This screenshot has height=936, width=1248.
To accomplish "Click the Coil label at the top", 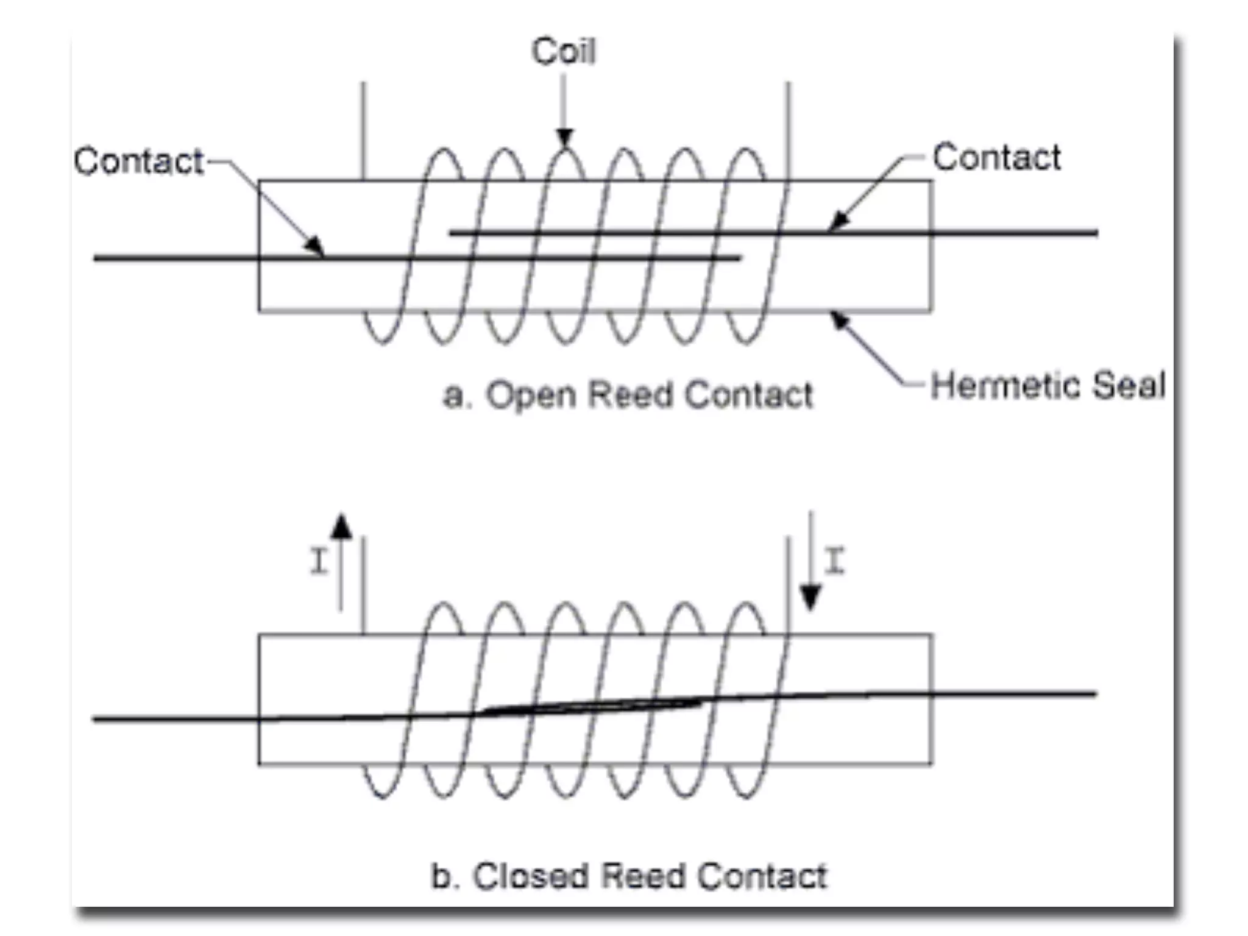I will (564, 51).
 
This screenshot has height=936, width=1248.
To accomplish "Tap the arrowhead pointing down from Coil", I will (564, 138).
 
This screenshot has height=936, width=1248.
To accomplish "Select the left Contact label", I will (139, 161).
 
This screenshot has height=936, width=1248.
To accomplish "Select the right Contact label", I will (997, 158).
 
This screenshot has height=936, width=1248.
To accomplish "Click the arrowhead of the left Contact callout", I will (314, 246).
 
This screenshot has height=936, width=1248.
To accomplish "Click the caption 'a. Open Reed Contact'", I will (628, 395).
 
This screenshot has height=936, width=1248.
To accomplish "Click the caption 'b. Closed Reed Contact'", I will (629, 876).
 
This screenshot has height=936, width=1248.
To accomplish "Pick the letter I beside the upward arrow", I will (319, 561).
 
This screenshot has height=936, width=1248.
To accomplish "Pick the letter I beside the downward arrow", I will (835, 561).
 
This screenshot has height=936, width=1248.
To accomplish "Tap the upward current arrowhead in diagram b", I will (341, 527).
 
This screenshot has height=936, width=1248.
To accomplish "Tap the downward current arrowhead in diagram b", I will (810, 597).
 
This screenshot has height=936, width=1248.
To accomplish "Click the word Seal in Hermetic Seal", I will (1129, 386).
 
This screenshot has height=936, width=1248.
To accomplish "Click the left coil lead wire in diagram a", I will (364, 131).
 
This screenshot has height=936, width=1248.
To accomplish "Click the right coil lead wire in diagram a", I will (788, 131).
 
